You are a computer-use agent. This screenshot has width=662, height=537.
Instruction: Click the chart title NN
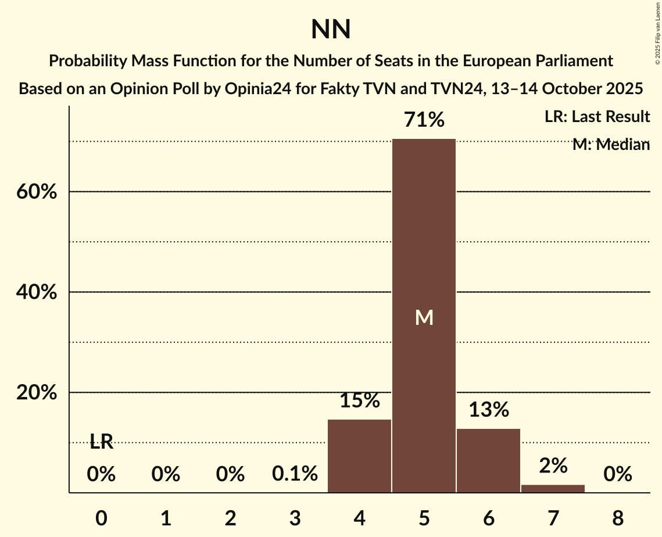(x=331, y=30)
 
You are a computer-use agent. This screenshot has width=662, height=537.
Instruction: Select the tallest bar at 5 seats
(x=424, y=316)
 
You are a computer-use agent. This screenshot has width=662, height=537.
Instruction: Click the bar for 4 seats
(x=359, y=456)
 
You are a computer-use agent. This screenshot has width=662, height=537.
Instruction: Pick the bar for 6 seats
(x=488, y=460)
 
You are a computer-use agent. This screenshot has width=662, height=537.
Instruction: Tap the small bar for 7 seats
(x=553, y=488)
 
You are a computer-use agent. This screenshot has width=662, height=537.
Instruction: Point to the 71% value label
(x=424, y=120)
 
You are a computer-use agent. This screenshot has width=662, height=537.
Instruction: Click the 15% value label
(x=360, y=400)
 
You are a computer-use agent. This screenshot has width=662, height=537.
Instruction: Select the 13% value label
(x=489, y=410)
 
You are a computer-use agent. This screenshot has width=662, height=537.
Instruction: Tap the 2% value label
(x=553, y=466)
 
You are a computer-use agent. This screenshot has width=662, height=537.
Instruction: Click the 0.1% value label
(x=295, y=474)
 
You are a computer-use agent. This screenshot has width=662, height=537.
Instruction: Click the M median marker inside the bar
(x=424, y=317)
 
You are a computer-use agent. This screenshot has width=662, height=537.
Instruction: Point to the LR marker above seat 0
(x=101, y=442)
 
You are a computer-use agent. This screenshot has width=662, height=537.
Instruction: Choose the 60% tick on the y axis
(x=37, y=192)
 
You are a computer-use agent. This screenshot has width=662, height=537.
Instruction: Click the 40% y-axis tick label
(x=37, y=292)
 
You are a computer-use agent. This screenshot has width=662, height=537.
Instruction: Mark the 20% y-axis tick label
(x=37, y=393)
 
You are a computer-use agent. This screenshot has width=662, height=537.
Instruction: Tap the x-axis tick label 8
(x=617, y=518)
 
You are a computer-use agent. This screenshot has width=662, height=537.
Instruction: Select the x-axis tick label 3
(x=295, y=518)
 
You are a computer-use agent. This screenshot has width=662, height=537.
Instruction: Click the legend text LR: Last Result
(x=597, y=117)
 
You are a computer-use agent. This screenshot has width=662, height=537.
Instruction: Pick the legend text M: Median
(x=611, y=145)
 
